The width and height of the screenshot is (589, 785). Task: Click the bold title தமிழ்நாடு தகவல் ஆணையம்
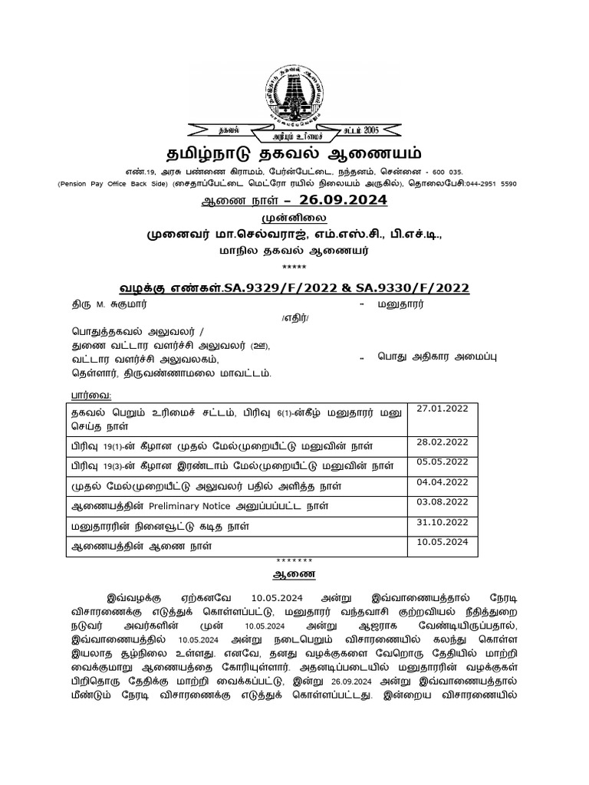pos(294,151)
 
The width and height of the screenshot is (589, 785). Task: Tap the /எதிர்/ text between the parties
pos(294,317)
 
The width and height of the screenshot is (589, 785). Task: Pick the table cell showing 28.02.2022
pos(442,442)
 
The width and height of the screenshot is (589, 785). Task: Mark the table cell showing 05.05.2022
pos(442,461)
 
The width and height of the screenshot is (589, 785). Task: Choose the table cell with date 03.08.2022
pos(442,501)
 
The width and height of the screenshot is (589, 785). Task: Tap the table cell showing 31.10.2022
pos(442,522)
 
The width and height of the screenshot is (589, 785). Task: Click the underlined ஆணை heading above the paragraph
pos(294,573)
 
